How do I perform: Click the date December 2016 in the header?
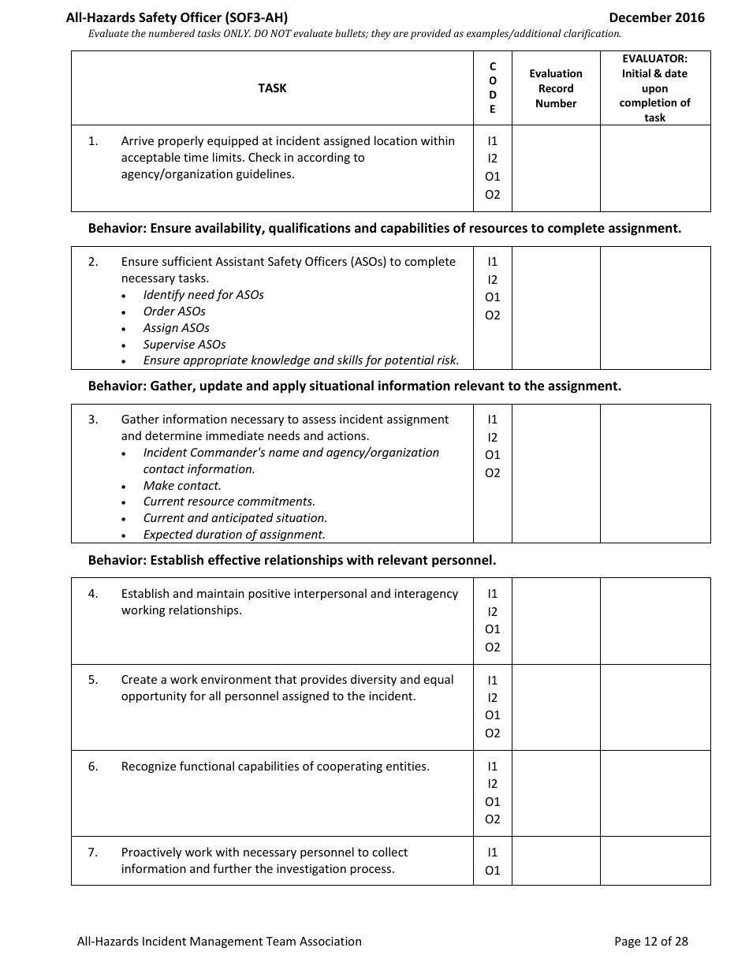coord(656,17)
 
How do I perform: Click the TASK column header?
coord(272,88)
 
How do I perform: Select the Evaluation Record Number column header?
coord(556,88)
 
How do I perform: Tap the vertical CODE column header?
coord(493,88)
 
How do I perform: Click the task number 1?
coord(93,141)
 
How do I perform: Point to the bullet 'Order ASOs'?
coord(174,312)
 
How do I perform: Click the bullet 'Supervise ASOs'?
coord(184,345)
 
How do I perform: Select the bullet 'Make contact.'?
coord(182,486)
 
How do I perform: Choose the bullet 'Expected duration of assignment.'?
coord(234,535)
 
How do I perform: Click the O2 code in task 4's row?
coord(493,647)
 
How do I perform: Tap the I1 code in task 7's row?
coord(493,852)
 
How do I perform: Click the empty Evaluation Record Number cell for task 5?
coord(556,707)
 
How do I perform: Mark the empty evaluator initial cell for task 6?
coord(655,793)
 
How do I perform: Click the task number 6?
coord(93,767)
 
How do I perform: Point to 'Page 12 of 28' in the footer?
coord(650,941)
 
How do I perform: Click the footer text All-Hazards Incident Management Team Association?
coord(219,941)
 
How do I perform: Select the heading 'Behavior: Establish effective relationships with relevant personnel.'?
coord(292,561)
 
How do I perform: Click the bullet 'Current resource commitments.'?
coord(229,502)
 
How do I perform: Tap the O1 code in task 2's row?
coord(493,297)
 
